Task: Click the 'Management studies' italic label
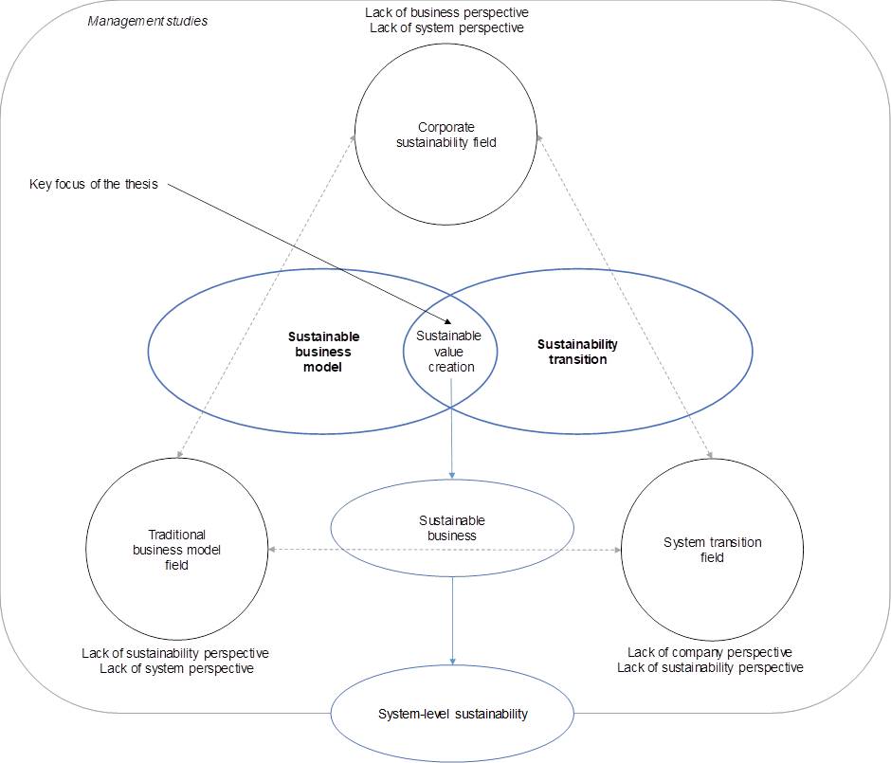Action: [x=147, y=21]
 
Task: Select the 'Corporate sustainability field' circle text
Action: [x=445, y=135]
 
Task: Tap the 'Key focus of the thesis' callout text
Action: [x=93, y=184]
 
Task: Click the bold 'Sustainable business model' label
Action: [x=323, y=352]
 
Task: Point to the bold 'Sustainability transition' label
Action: [x=577, y=352]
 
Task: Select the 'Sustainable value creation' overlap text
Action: [x=450, y=351]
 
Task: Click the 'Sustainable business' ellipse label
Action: [x=451, y=528]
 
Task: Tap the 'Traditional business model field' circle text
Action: [x=176, y=550]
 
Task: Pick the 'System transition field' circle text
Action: [x=712, y=550]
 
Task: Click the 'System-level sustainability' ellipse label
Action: [x=452, y=714]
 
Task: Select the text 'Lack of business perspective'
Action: [x=445, y=13]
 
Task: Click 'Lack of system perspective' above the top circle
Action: [x=445, y=28]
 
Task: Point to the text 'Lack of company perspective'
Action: [x=710, y=652]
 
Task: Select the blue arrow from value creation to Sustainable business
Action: [x=451, y=427]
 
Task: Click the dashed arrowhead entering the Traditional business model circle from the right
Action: [x=271, y=550]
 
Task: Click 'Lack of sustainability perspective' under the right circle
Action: [x=710, y=667]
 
